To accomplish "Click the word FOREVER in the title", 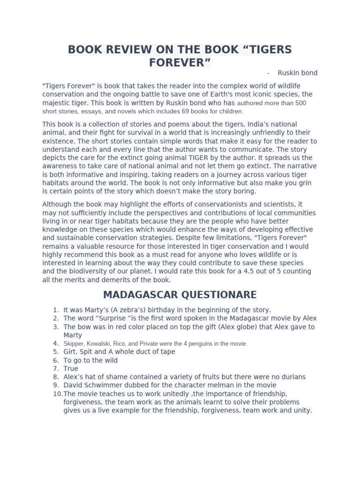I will point(177,62).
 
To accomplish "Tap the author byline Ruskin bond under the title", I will point(297,73).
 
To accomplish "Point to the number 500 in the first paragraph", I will point(300,103).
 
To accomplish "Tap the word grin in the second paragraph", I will point(304,183).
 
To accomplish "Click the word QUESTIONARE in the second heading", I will point(219,295).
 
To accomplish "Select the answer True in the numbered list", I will point(71,368).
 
